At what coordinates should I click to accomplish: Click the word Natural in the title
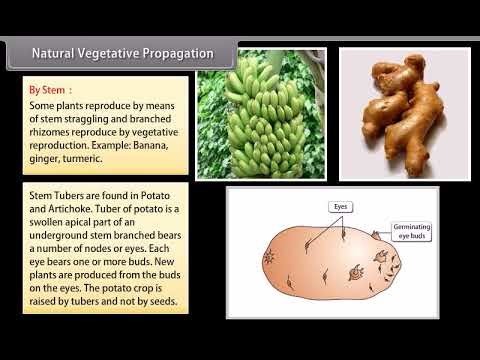57,52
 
